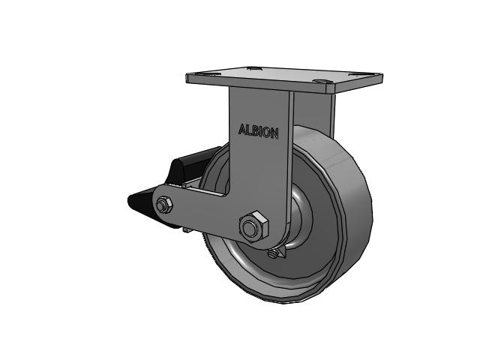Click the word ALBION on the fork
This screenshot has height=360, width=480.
(258, 131)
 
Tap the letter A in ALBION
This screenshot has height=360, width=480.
(241, 129)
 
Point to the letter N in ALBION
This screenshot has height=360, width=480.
(274, 133)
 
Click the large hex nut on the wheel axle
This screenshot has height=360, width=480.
(253, 226)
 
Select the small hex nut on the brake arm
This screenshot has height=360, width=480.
(164, 205)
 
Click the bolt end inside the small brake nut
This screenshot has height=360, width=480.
(161, 205)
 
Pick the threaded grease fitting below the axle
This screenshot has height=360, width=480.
(273, 253)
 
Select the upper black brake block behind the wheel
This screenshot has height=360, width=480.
(193, 166)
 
